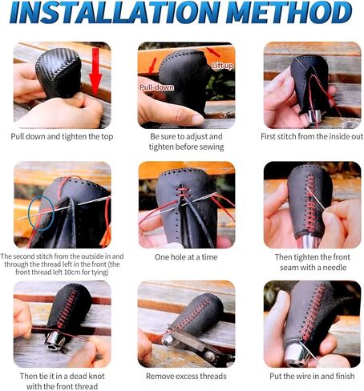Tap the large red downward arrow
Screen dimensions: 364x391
click(95, 71)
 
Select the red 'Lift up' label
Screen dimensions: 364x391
click(223, 66)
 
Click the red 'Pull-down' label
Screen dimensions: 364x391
click(156, 87)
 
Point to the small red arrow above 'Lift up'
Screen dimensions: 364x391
click(213, 52)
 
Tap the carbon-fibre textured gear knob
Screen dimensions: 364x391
click(58, 73)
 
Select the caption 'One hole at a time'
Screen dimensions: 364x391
click(186, 257)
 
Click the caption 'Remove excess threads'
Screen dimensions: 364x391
click(186, 377)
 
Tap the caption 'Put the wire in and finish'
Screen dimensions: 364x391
click(312, 377)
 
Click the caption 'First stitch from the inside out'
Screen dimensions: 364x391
click(312, 136)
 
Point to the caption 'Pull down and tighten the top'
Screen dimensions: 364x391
click(62, 137)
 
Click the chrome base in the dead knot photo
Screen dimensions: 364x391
click(55, 341)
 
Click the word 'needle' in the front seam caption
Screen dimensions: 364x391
click(334, 268)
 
